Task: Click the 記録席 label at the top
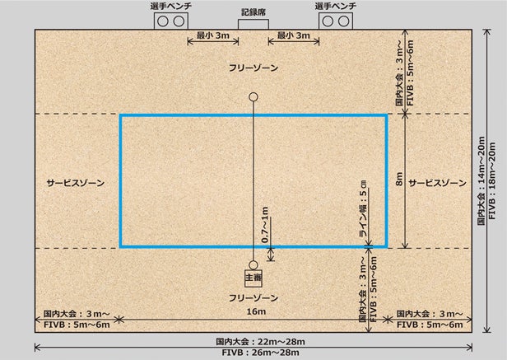253,12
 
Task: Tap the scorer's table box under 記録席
253,24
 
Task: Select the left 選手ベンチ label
171,6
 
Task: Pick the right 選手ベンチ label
336,6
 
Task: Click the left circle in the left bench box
163,21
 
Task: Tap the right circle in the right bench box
344,21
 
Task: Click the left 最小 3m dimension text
213,35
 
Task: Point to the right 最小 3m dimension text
294,35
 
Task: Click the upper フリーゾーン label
253,68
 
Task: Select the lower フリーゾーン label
253,298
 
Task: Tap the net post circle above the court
253,97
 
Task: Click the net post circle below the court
253,264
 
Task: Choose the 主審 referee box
253,278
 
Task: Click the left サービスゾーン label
76,183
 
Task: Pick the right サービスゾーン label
438,183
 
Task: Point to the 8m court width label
400,179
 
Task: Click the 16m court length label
256,311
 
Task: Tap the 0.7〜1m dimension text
265,225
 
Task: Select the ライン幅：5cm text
364,208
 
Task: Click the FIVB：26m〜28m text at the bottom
261,353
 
